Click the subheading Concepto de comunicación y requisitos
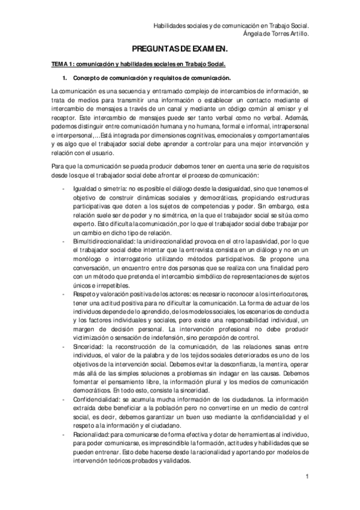(x=152, y=79)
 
